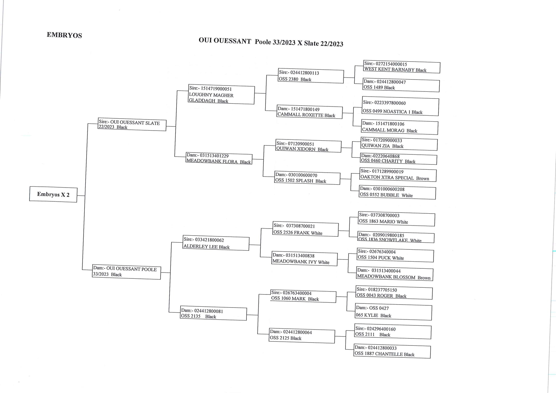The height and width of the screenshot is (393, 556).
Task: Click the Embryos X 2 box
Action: pos(53,194)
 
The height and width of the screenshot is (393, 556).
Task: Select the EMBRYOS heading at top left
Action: pos(64,35)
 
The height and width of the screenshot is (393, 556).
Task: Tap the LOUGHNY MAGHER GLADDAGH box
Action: pos(222,94)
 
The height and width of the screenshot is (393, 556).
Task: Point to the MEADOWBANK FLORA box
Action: pos(219,159)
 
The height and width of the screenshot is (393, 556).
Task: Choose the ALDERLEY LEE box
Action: pos(216,243)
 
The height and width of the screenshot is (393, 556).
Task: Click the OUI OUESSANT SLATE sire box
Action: pos(132,125)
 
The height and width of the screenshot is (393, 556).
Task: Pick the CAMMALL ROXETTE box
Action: pos(309,112)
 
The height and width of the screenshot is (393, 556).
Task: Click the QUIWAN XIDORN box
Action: pos(308,146)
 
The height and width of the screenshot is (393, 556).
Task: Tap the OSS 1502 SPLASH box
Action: pos(307,178)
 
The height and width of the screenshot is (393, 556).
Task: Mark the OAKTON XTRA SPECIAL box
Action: pos(398,175)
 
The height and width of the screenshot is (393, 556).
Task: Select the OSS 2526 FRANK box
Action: pos(306,229)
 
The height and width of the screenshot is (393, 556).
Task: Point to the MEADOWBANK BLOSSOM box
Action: pos(395,274)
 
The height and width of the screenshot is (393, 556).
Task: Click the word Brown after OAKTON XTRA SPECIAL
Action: pos(423,179)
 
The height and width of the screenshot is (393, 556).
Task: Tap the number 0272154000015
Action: pos(391,64)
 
